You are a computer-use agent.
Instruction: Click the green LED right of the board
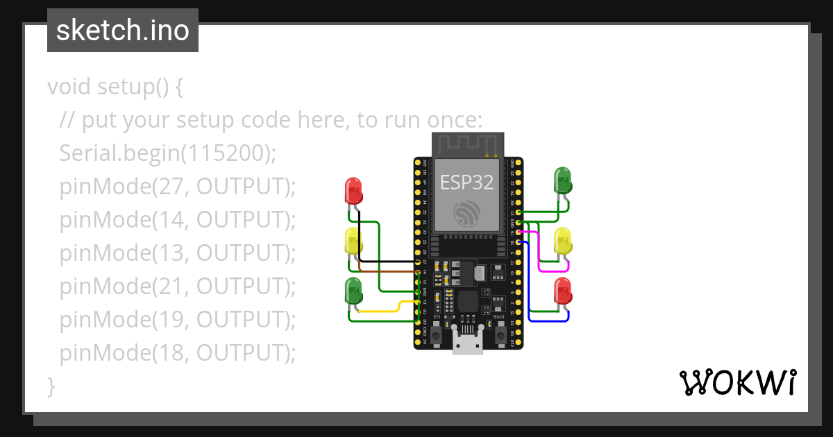(x=562, y=180)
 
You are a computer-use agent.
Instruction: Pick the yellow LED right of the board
(x=562, y=241)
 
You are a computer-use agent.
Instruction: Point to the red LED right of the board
(x=562, y=290)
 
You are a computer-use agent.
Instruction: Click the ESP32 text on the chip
(x=466, y=182)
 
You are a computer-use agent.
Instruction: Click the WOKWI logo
(x=737, y=383)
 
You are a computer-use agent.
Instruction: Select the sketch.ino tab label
(x=123, y=31)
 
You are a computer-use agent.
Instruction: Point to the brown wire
(x=389, y=271)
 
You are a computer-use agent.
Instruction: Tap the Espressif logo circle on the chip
(x=466, y=213)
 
